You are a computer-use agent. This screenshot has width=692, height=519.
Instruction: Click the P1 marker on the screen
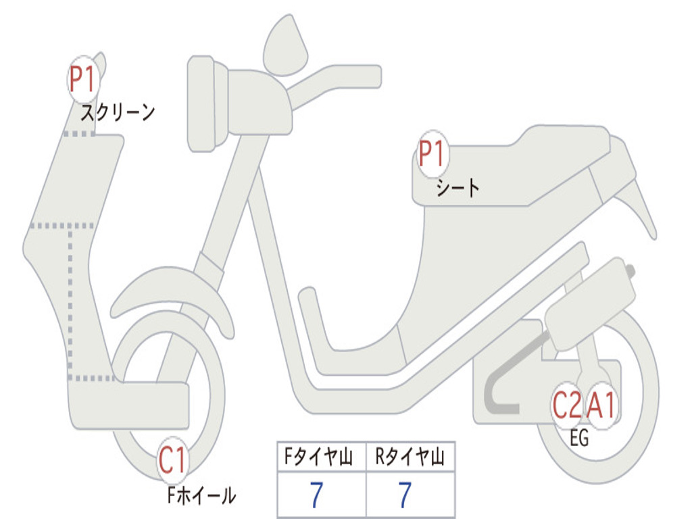click(x=83, y=80)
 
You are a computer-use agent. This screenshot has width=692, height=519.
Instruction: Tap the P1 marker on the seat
click(x=432, y=153)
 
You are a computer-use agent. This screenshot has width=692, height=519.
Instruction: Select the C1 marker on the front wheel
click(x=172, y=460)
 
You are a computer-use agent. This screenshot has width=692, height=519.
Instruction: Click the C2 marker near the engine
click(x=567, y=405)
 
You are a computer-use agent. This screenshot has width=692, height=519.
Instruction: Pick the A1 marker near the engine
click(x=601, y=405)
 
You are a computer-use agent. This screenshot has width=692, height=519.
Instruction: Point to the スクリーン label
click(x=118, y=113)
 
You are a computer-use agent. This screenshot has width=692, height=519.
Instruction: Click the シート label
click(x=458, y=188)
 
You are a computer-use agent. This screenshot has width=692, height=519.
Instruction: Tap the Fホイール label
click(x=201, y=495)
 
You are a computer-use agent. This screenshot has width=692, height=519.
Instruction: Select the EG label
click(x=579, y=438)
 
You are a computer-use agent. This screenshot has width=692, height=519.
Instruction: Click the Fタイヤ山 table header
click(x=319, y=456)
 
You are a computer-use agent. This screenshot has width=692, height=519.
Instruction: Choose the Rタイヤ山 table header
click(x=410, y=456)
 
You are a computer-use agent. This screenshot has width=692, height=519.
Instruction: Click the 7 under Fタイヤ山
click(x=316, y=495)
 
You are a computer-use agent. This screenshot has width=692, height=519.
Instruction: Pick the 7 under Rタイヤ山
click(x=405, y=495)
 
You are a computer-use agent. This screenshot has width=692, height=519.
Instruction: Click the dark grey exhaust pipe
click(x=512, y=375)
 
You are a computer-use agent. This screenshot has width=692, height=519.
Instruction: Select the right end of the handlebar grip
click(x=380, y=76)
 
